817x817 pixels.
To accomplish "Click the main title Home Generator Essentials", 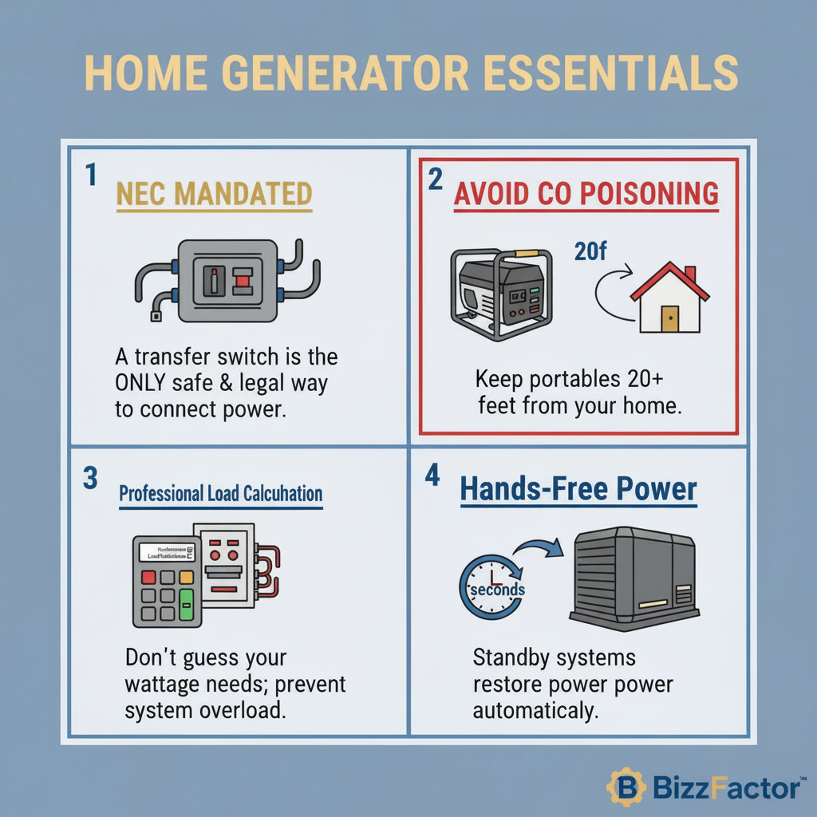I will pos(411,73).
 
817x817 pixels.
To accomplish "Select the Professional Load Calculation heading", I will pos(220,494).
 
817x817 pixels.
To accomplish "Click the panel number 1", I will pos(91,176).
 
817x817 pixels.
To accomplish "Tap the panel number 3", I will pos(90,477).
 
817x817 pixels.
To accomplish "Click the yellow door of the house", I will pos(669,318).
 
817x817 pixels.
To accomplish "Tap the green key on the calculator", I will pos(187,605).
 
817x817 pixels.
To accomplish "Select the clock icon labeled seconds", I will pos(491,589).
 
